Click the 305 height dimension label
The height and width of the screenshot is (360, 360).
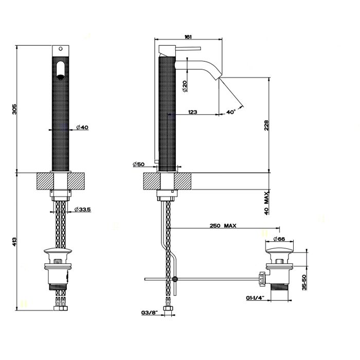[x=15, y=109]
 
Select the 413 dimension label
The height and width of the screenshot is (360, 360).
[x=15, y=241]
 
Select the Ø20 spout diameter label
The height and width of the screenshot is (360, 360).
[x=184, y=85]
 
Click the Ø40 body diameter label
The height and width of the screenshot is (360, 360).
[x=83, y=127]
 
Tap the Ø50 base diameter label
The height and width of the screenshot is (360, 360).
[x=139, y=164]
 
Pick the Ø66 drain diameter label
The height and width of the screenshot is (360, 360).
[x=279, y=239]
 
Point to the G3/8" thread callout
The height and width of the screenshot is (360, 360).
[x=150, y=312]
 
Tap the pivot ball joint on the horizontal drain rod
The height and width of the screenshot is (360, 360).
[x=176, y=279]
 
